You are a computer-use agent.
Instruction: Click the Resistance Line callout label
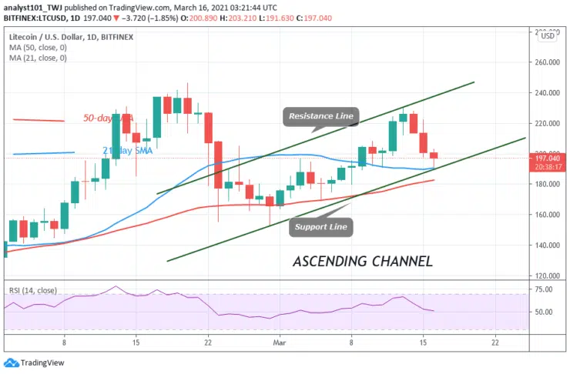(320, 117)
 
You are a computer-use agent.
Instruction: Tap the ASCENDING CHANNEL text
(363, 262)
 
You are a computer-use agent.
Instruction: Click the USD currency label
(548, 36)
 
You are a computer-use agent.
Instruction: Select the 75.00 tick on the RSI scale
(545, 289)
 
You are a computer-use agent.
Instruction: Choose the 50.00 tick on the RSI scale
(545, 312)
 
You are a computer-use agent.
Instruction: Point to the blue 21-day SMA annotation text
(127, 151)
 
